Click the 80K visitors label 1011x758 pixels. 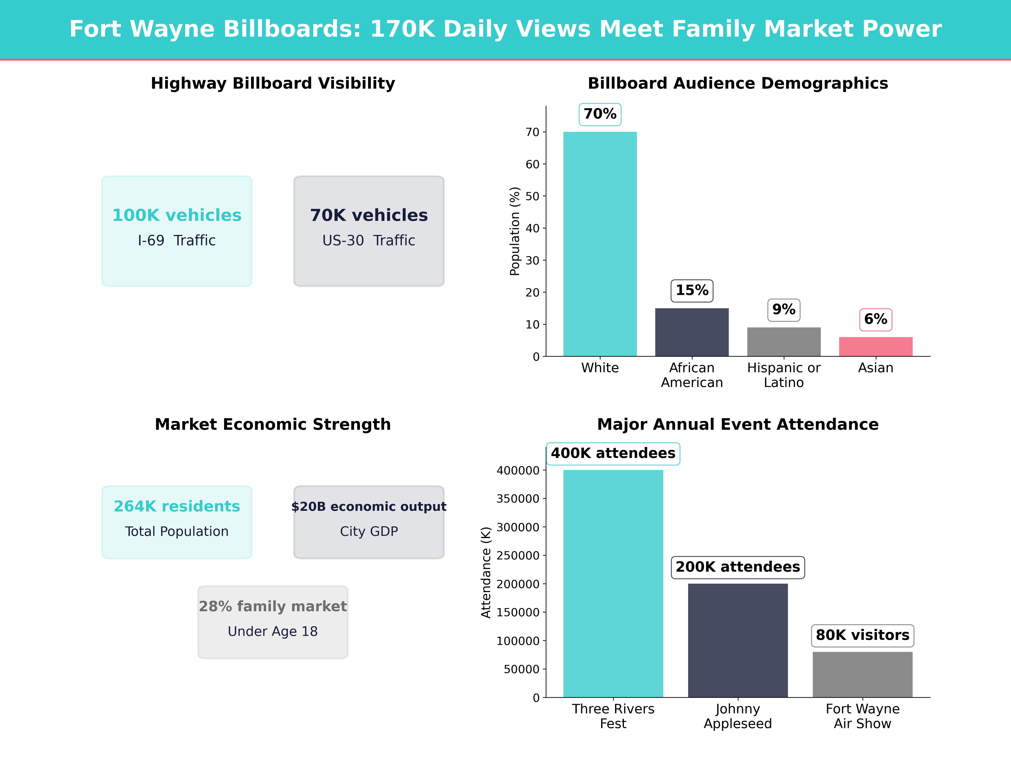(863, 635)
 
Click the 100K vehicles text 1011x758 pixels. (177, 215)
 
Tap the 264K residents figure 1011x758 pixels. (177, 506)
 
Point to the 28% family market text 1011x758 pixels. (273, 606)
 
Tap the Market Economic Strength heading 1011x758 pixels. (273, 424)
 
